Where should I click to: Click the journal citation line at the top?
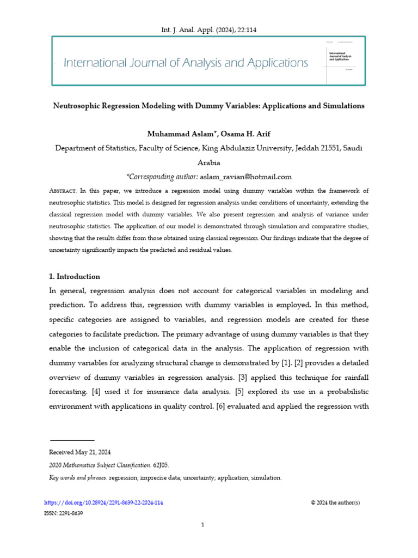tap(208, 30)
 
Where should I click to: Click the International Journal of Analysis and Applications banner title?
tap(186, 63)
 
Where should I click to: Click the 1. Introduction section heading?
tap(75, 277)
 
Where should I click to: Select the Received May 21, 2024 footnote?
tap(79, 452)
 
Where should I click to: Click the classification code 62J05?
tap(162, 465)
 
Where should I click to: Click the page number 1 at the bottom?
tap(202, 524)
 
